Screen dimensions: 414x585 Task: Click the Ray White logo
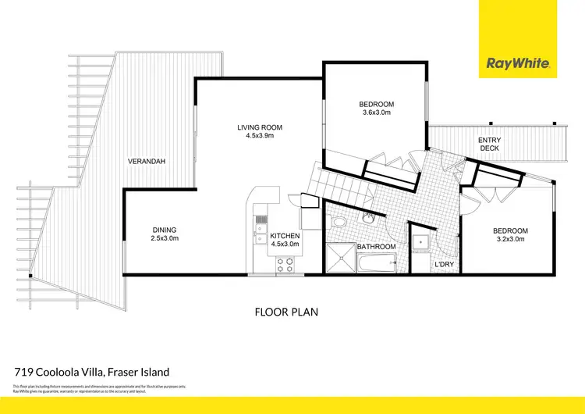(519, 63)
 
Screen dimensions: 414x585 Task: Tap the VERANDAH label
(148, 162)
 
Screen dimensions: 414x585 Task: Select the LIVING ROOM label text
(260, 127)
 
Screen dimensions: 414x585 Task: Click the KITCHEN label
(284, 236)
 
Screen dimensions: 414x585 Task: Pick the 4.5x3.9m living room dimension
(260, 136)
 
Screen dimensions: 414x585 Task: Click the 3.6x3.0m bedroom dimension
(376, 113)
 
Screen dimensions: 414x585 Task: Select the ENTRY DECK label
(490, 144)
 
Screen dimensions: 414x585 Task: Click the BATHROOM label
(376, 247)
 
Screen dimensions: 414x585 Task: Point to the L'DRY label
(444, 266)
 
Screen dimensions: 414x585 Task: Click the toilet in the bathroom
(338, 223)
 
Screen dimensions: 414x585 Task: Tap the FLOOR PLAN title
(286, 312)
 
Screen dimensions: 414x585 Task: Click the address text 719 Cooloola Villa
(91, 372)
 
